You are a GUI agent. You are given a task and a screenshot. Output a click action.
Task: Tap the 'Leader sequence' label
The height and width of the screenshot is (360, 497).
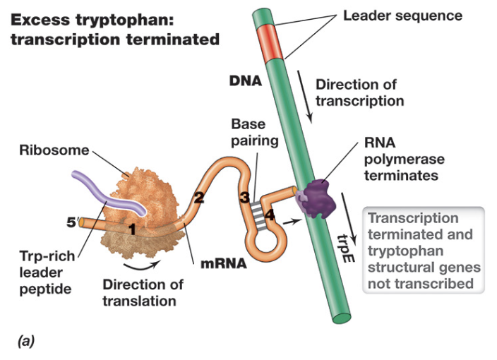[x=402, y=15]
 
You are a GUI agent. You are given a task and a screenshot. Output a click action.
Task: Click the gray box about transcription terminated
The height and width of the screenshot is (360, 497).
[x=422, y=251]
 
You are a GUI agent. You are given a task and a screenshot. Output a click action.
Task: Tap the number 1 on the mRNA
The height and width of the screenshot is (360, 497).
[x=131, y=228]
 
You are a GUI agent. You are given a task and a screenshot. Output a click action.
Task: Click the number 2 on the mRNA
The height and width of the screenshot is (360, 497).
[x=198, y=198]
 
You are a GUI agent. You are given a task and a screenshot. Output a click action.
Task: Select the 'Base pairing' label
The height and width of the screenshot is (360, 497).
[x=248, y=132]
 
